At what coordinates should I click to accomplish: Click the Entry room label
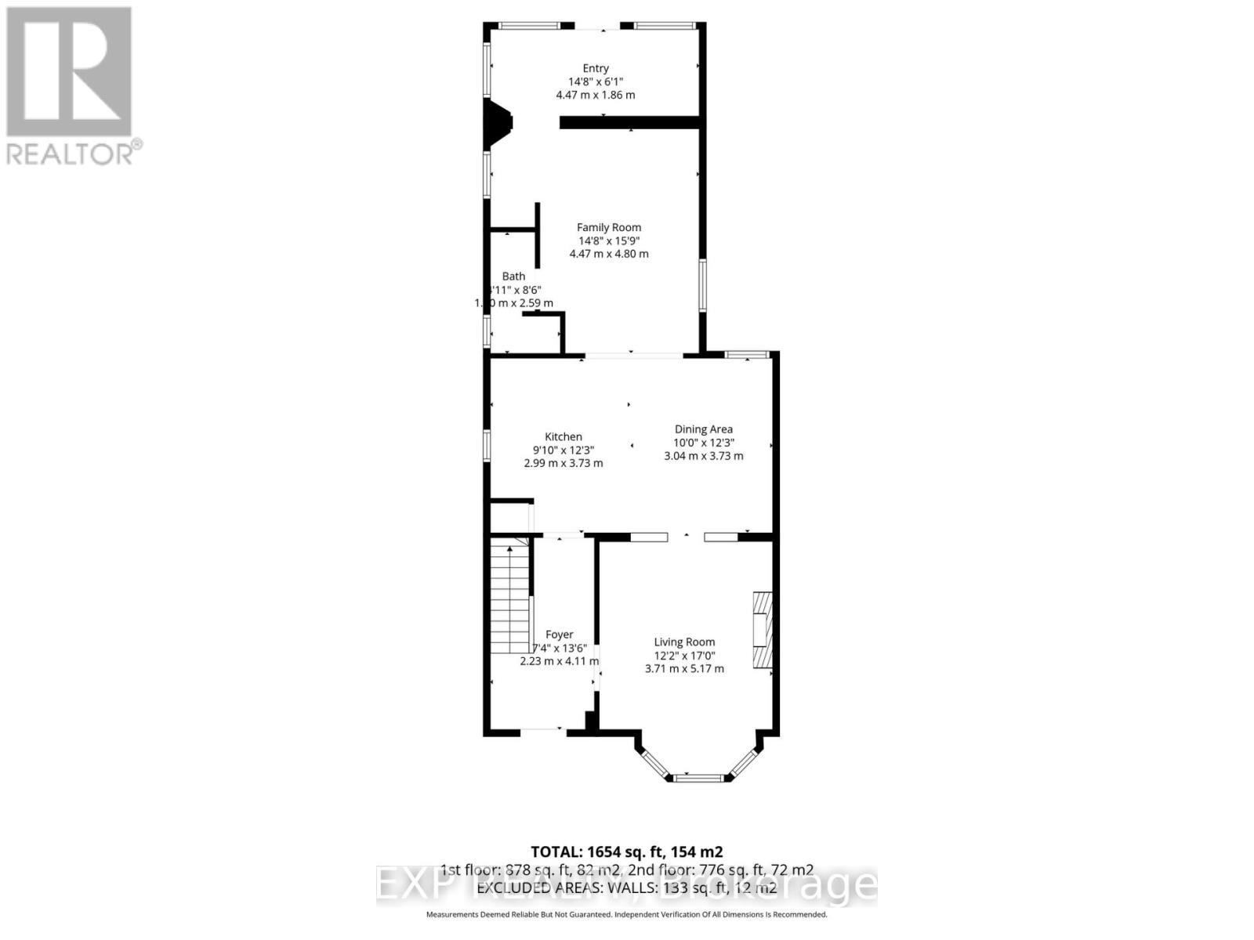coord(596,69)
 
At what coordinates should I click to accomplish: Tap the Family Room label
coord(609,228)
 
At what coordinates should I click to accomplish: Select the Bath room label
coord(514,277)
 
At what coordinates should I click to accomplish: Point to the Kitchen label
coord(564,437)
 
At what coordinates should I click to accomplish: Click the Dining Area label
coord(704,429)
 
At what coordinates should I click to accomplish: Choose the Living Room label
coord(684,642)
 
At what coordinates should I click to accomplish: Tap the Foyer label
coord(560,635)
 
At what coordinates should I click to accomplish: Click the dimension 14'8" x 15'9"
coord(609,241)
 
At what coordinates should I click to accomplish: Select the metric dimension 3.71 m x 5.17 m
coord(684,669)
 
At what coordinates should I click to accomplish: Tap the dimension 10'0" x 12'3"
coord(704,443)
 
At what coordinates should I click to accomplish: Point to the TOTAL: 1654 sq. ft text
coord(626,852)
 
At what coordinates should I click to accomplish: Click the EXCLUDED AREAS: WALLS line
coord(626,888)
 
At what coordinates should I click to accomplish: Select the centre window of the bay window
coord(698,778)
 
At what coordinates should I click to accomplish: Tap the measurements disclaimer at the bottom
coord(626,915)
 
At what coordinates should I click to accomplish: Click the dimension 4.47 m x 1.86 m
coord(596,96)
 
